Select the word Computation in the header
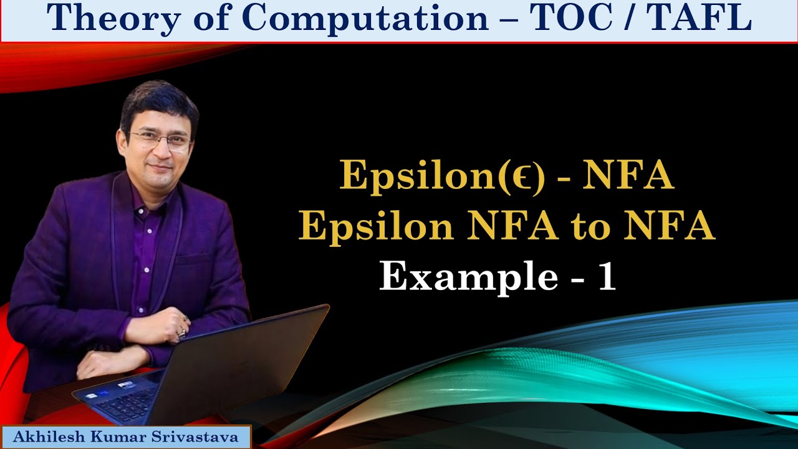(x=365, y=19)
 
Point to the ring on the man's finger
(x=183, y=331)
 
